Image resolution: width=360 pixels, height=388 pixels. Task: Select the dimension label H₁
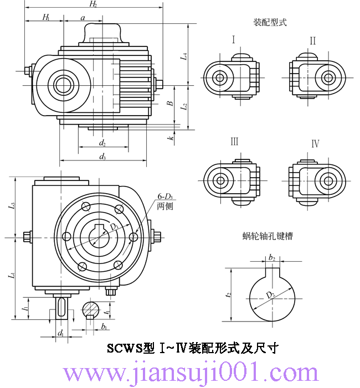click(45, 18)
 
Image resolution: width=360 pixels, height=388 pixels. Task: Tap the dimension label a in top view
click(83, 18)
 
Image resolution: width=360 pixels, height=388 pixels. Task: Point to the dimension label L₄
click(184, 55)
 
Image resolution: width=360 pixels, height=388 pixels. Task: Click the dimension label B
click(171, 102)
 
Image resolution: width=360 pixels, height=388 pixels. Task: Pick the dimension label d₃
click(102, 157)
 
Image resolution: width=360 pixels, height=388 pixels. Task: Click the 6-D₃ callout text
click(165, 196)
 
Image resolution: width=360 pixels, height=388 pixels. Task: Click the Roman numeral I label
click(233, 40)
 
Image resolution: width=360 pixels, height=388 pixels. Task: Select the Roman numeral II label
click(313, 40)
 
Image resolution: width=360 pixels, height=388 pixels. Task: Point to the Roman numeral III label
click(234, 142)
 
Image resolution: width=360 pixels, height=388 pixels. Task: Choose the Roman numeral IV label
click(315, 144)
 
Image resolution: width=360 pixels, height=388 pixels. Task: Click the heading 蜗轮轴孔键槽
click(268, 236)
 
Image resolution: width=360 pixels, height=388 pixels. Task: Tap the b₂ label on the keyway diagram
click(271, 257)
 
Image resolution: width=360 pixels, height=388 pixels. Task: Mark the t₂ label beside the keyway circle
click(229, 295)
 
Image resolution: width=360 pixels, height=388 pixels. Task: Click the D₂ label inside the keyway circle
click(270, 295)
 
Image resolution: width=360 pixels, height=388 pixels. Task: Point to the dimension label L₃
click(12, 207)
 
